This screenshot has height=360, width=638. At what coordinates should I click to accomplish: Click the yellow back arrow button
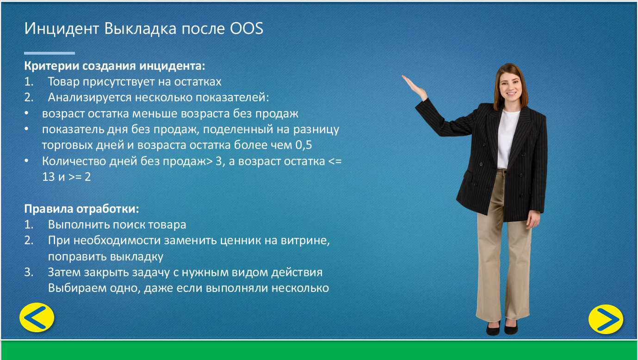click(37, 317)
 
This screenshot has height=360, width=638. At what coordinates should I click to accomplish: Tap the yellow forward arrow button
click(606, 319)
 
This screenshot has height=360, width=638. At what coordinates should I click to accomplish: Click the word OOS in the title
click(247, 29)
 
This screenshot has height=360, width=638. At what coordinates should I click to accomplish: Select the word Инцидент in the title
click(62, 29)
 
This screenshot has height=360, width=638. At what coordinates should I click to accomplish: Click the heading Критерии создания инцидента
click(114, 66)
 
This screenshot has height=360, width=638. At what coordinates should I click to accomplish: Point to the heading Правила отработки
click(81, 209)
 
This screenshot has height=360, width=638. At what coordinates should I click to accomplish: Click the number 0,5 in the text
click(304, 145)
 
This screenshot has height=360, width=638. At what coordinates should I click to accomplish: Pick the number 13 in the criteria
click(49, 177)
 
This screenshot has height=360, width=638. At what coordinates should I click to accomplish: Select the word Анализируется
click(90, 98)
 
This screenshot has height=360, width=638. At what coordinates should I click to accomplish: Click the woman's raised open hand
click(414, 86)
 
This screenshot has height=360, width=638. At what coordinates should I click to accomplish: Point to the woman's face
click(510, 84)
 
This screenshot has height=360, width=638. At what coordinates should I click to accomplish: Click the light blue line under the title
click(50, 53)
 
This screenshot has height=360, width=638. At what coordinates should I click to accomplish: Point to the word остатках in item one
click(198, 82)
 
